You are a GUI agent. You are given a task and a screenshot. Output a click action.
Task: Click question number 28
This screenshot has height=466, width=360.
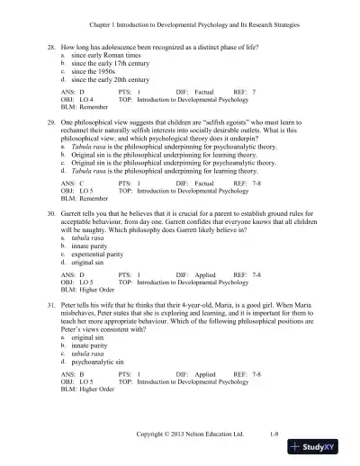(53, 43)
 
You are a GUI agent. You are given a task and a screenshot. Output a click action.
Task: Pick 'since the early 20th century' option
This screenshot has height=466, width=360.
(113, 80)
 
